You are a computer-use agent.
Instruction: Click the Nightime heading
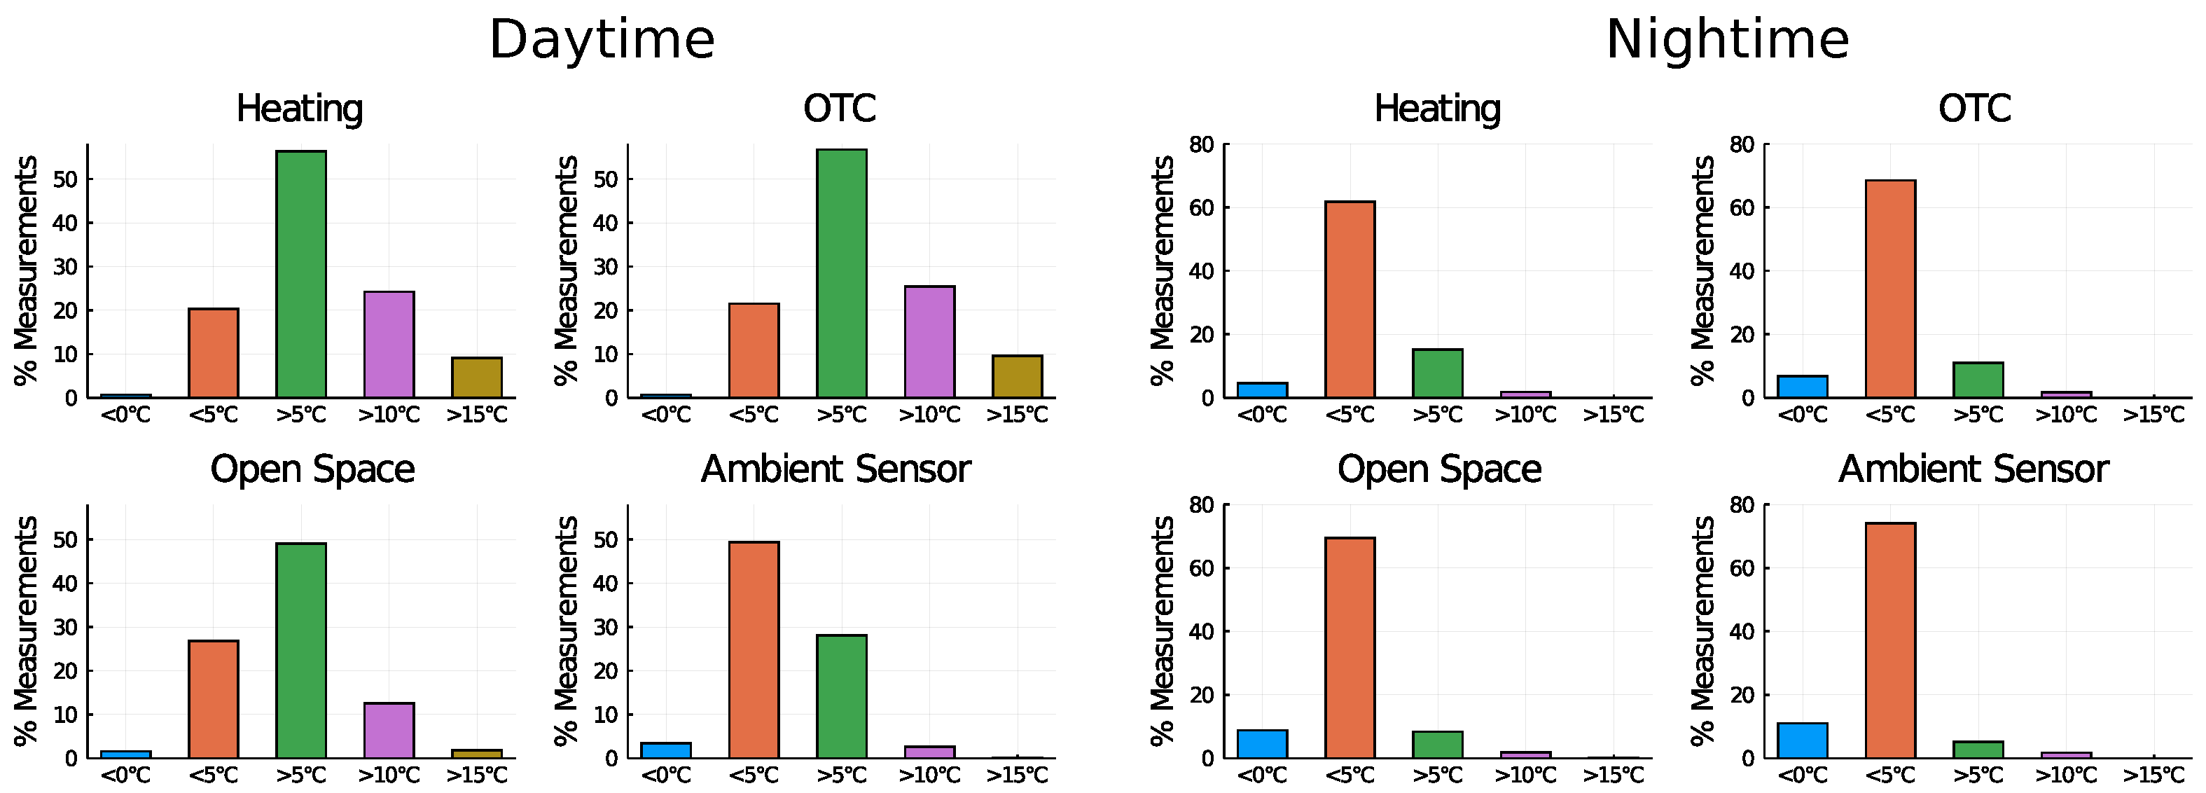pyautogui.click(x=1726, y=40)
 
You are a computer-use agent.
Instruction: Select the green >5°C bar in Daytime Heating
pyautogui.click(x=300, y=274)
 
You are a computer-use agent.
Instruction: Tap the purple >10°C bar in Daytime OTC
pyautogui.click(x=929, y=342)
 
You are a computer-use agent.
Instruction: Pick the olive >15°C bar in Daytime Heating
pyautogui.click(x=476, y=378)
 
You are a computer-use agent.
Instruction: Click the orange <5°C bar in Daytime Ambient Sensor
pyautogui.click(x=754, y=649)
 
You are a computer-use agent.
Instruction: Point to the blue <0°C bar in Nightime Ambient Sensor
pyautogui.click(x=1802, y=740)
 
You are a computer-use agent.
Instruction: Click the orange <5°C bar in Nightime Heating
pyautogui.click(x=1350, y=300)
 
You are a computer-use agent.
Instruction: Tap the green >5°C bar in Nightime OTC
pyautogui.click(x=1978, y=380)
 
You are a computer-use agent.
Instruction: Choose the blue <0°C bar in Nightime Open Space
pyautogui.click(x=1261, y=744)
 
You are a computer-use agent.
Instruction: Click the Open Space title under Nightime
pyautogui.click(x=1438, y=469)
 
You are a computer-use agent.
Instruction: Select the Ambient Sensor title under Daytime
pyautogui.click(x=835, y=469)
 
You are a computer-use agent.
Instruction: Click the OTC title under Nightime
pyautogui.click(x=1974, y=109)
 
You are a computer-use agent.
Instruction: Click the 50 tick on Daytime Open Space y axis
pyautogui.click(x=65, y=540)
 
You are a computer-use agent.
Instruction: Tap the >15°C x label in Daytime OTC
pyautogui.click(x=1016, y=415)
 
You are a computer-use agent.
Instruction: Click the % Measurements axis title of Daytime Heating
pyautogui.click(x=26, y=270)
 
